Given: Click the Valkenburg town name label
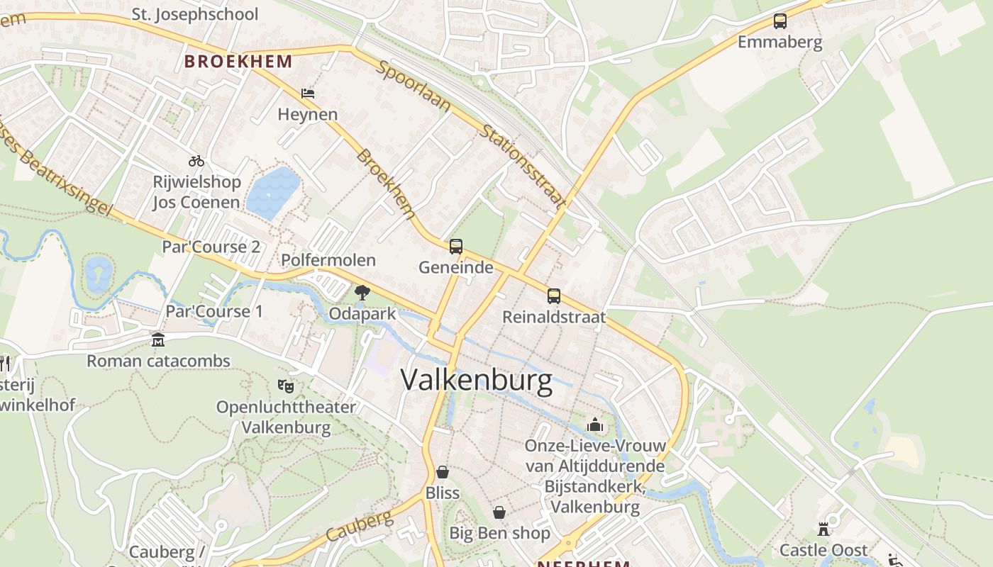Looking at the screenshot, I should pos(476,381).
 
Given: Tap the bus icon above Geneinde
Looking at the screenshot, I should pos(456,247).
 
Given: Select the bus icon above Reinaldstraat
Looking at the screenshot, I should pos(554,296).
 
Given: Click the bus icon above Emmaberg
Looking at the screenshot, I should pos(780,21).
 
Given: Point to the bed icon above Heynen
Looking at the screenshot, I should pos(307,94).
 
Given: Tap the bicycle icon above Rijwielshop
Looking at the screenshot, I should pos(196,161).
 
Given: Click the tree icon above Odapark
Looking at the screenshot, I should pos(362,292).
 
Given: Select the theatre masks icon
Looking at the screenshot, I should pos(286,386).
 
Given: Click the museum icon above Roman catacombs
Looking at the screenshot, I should pos(157,340).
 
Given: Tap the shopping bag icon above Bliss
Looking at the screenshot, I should pos(443,472).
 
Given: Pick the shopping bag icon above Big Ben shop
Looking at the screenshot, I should pos(499,512).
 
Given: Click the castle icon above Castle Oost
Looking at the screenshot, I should pos(823,529).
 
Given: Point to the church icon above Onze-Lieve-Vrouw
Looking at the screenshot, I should pos(595,425).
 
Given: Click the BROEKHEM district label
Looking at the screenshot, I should pos(238,61).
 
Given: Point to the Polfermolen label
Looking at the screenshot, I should pos(328,260).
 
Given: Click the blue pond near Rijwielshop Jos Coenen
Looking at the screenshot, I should pos(272,190).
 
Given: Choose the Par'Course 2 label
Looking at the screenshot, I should pos(211,247).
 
